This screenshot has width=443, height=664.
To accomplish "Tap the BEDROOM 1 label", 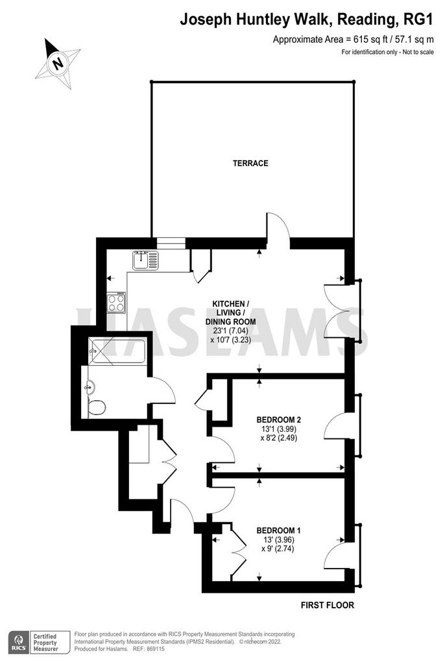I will [278, 529].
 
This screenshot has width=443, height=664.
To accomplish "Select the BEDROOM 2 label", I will [278, 419].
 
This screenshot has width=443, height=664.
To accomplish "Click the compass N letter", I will [58, 64].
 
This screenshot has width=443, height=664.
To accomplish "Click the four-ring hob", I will [117, 303].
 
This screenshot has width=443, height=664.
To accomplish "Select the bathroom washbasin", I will [89, 387].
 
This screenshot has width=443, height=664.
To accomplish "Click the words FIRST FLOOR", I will [328, 605].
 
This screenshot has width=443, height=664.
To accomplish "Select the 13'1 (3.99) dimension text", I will [278, 429].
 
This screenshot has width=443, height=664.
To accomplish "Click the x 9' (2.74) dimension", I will [278, 549].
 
